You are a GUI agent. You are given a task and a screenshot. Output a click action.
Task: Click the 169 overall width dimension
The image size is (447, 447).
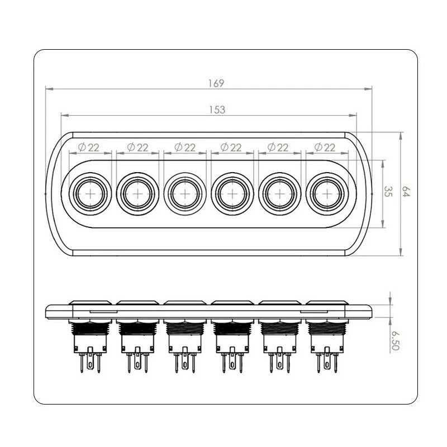click(216, 83)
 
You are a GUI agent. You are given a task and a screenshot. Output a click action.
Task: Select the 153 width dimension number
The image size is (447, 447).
click(217, 110)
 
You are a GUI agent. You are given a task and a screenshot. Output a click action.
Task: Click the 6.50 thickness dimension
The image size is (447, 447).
click(396, 340)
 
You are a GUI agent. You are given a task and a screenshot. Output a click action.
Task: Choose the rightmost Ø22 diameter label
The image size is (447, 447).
click(325, 148)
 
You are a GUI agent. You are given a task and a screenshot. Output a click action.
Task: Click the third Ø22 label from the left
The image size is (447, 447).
click(184, 148)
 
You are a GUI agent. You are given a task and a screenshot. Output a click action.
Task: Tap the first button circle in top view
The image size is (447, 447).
click(91, 193)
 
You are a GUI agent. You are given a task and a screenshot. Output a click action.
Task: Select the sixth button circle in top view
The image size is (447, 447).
click(325, 193)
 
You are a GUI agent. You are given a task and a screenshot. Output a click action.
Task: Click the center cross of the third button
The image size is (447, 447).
click(184, 193)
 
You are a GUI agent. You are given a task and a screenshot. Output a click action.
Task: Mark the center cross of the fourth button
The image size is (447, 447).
click(231, 193)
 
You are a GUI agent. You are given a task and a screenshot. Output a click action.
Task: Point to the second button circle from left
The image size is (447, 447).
click(137, 193)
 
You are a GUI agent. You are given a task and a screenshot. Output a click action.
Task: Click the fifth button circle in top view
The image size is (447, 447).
click(278, 193)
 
